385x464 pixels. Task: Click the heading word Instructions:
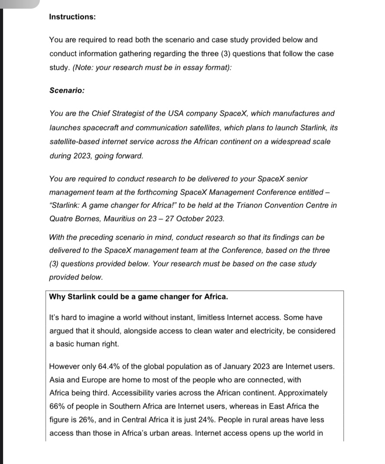click(72, 17)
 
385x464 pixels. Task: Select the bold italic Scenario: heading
click(67, 91)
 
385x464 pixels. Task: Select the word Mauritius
click(118, 219)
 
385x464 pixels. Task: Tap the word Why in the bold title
click(57, 297)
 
